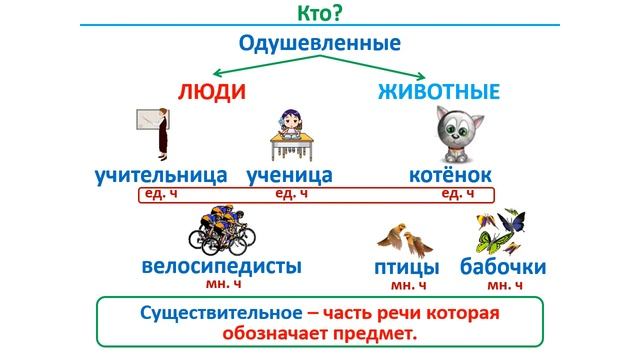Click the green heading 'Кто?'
[x=319, y=13]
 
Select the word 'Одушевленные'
[x=320, y=44]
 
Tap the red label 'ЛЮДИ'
[x=211, y=92]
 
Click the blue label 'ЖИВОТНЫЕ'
[x=439, y=92]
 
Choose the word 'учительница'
[x=161, y=175]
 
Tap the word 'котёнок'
[x=451, y=175]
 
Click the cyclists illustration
[x=221, y=231]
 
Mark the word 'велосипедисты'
[x=221, y=267]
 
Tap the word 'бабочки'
[x=503, y=268]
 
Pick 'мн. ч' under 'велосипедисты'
[x=223, y=285]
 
